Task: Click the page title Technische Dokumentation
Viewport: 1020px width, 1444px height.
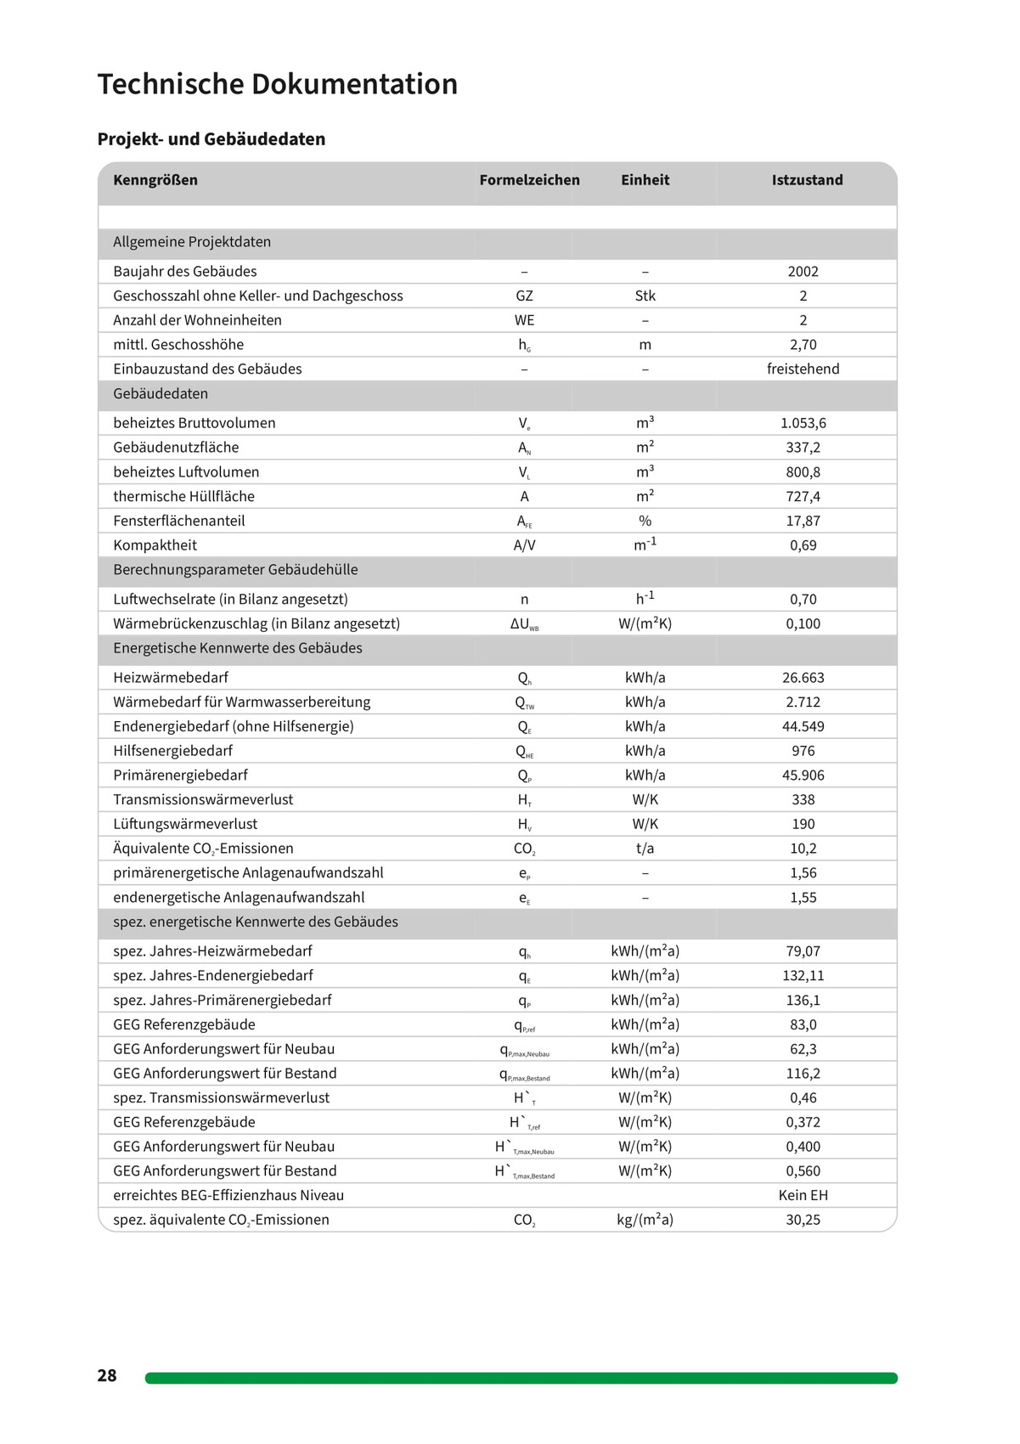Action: point(277,84)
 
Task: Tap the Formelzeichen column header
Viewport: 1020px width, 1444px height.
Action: point(529,180)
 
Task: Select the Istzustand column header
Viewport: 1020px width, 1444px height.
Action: point(807,180)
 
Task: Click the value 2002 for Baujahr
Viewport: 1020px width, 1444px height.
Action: point(803,272)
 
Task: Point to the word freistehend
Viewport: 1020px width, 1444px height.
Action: point(803,369)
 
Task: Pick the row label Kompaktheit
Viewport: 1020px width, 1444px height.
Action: point(155,545)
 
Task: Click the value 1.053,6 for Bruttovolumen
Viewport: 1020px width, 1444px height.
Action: point(803,423)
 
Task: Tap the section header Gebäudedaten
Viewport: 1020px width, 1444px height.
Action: point(161,394)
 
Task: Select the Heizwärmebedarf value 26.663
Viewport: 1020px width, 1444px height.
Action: point(803,678)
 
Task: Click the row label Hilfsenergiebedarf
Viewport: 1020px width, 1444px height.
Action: point(172,751)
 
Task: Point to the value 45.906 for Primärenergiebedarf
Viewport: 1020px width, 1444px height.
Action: point(803,776)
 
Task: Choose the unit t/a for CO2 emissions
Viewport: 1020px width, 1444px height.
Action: point(645,849)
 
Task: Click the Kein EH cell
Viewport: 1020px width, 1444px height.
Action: point(803,1196)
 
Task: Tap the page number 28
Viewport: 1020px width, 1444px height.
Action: point(107,1376)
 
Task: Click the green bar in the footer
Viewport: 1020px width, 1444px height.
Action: point(521,1378)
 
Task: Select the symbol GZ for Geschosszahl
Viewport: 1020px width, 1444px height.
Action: point(524,296)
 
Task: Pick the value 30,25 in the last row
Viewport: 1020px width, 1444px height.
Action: point(803,1221)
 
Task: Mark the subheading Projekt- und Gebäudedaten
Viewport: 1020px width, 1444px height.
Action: point(211,139)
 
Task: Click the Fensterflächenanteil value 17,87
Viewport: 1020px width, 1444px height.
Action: point(803,522)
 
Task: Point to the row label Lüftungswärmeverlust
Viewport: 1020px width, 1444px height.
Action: point(185,825)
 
